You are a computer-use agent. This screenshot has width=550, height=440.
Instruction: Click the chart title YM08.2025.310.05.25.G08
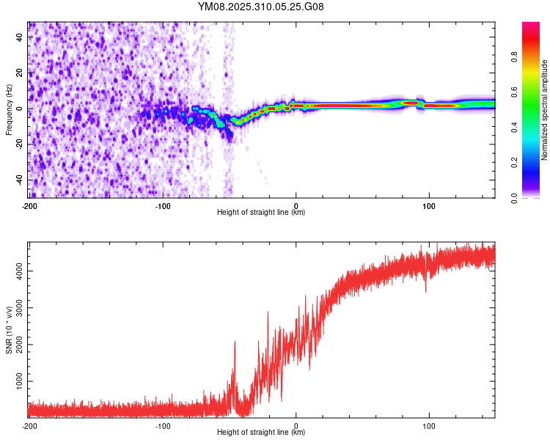(261, 7)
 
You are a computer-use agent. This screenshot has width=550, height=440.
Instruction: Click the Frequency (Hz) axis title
(9, 109)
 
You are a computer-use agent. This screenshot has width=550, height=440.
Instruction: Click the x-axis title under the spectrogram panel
(261, 213)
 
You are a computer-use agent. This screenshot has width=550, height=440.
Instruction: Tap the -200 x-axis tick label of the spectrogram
(29, 205)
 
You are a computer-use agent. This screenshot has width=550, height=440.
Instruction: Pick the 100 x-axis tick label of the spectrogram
(428, 205)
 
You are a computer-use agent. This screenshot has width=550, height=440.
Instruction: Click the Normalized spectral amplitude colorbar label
(544, 110)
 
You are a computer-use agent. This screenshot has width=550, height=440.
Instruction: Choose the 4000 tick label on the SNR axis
(16, 271)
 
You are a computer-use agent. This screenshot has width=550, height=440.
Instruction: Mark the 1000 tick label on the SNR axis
(16, 382)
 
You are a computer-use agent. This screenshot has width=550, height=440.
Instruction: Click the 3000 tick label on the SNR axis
(16, 326)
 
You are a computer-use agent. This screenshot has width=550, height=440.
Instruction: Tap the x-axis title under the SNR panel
(261, 433)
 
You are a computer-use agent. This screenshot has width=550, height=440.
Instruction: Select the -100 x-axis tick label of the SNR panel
(163, 425)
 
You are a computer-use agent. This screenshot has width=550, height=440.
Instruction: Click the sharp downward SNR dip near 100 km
(426, 290)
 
